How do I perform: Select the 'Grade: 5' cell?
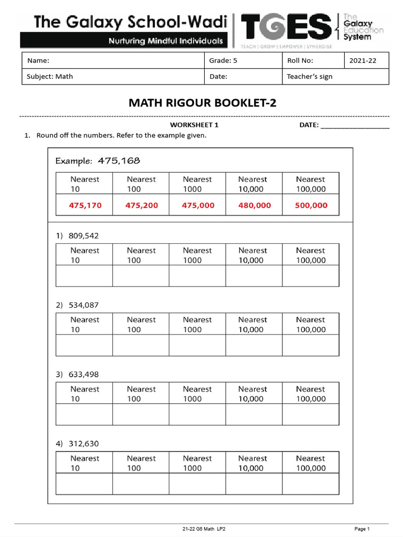coord(223,61)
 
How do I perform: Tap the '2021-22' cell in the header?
coord(363,61)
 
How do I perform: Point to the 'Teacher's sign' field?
coord(310,77)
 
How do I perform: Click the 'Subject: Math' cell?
coord(50,77)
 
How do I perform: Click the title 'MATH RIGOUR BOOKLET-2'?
coord(202,103)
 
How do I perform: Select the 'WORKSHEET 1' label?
coord(194,125)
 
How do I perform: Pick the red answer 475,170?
coord(84,206)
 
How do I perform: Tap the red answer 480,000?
coord(254,206)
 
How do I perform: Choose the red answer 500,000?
coord(311,206)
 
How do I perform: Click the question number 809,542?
coord(83,236)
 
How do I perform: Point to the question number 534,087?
coord(83,305)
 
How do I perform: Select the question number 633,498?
coord(83,374)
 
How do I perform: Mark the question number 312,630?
coord(83,444)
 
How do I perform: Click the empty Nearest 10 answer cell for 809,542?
coord(84,276)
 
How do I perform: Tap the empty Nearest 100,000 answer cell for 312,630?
coord(311,484)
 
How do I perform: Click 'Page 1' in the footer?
coord(362,529)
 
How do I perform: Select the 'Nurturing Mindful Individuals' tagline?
coord(165,41)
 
